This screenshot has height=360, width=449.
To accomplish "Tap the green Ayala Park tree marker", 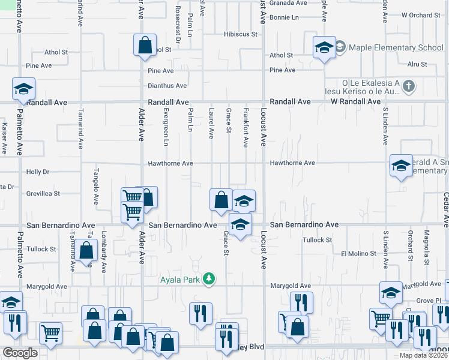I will pos(209,278).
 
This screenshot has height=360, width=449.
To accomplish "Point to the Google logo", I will pos(20,353).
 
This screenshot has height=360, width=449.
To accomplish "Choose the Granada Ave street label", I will pos(288,2).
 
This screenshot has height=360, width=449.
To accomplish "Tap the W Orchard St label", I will pos(421,15).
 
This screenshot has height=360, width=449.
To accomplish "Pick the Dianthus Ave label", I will pos(167,86).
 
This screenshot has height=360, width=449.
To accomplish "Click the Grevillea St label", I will pos(43,194).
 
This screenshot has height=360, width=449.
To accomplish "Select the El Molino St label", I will pos(358,254).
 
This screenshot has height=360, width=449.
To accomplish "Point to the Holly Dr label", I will pos(38,172).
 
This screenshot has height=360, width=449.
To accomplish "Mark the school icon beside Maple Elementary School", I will pos(324,47).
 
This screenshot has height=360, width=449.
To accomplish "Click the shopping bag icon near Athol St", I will pos(145,45).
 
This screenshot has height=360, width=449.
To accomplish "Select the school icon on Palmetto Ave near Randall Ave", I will pos(23,89).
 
